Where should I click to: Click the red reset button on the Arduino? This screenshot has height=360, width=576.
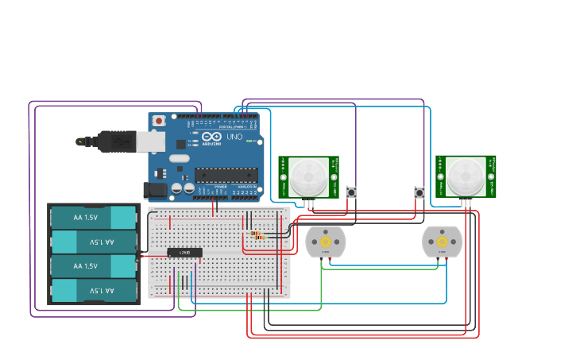click(159, 121)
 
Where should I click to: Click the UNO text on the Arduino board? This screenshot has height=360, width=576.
click(234, 137)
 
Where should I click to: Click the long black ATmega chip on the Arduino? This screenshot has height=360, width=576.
click(226, 175)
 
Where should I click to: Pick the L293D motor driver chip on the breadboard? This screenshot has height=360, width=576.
click(184, 253)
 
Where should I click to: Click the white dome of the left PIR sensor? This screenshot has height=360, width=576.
click(308, 176)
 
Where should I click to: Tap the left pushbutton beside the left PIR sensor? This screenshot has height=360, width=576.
click(350, 192)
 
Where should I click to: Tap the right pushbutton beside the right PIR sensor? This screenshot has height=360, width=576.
click(419, 192)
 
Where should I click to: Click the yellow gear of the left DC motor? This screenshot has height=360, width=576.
click(325, 242)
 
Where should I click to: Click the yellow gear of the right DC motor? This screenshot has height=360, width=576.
click(442, 242)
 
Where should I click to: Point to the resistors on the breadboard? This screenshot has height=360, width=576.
click(256, 235)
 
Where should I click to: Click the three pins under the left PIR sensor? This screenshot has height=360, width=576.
click(309, 203)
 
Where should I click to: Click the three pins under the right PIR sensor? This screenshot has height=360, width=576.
click(466, 203)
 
